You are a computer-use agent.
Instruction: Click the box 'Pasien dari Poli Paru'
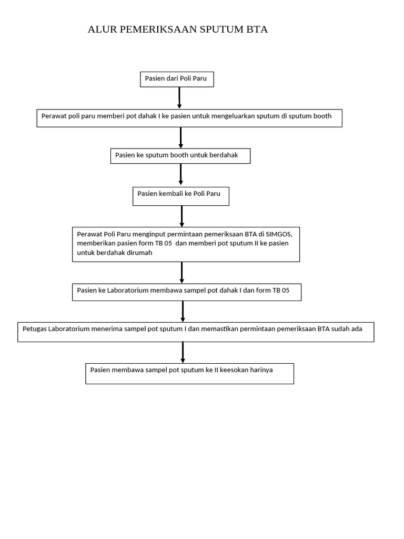click(177, 79)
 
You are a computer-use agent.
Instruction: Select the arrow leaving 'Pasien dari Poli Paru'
click(179, 98)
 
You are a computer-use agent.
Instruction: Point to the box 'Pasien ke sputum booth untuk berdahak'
click(180, 156)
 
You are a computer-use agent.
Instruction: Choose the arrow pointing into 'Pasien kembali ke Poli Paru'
click(181, 174)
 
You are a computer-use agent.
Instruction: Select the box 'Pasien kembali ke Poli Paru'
click(181, 196)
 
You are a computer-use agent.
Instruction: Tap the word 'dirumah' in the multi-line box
click(140, 253)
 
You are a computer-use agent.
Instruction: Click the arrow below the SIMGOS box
click(182, 273)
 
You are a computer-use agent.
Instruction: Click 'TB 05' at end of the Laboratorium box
click(281, 290)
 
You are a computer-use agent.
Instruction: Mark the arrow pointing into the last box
click(183, 352)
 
